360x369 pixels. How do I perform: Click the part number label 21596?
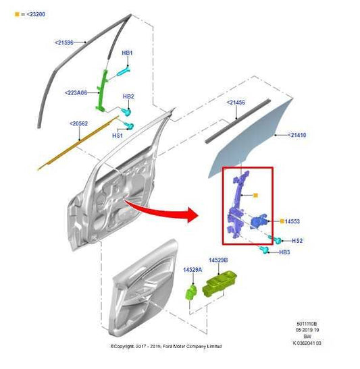pos(65,42)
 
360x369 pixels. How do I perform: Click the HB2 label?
pos(128,96)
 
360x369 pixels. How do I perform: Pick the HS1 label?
pos(118,136)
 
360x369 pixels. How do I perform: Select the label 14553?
pos(291,221)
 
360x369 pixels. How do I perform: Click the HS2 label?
pos(297,241)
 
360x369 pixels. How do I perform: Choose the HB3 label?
pos(284,252)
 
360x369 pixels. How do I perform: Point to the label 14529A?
pos(193,270)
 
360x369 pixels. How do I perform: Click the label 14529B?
pos(218,260)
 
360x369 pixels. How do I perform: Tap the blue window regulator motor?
pos(259,223)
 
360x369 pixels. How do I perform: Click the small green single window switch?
pos(192,291)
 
